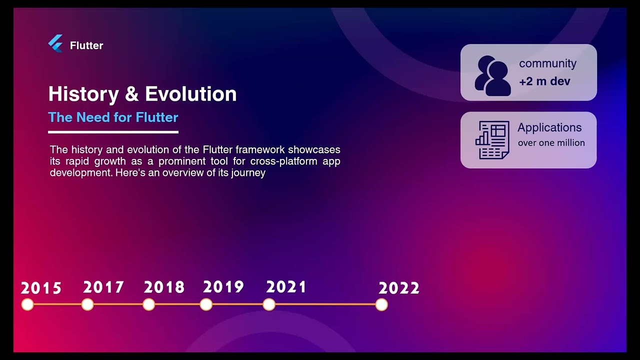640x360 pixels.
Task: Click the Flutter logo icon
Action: pyautogui.click(x=55, y=44)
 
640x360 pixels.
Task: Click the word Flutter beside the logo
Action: pyautogui.click(x=86, y=45)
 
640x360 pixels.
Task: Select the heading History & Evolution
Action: pyautogui.click(x=142, y=94)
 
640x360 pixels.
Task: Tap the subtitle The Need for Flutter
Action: pyautogui.click(x=113, y=117)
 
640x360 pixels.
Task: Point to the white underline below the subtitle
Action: pyautogui.click(x=113, y=132)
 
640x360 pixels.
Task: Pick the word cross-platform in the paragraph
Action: pyautogui.click(x=284, y=161)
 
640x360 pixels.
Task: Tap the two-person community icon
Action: pyautogui.click(x=492, y=75)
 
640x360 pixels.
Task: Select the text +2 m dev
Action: pyautogui.click(x=544, y=81)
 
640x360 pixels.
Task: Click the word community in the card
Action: pyautogui.click(x=547, y=63)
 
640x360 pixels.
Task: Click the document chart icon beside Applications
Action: pyautogui.click(x=492, y=140)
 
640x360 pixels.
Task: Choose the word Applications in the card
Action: pyautogui.click(x=549, y=127)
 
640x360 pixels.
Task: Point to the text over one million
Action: pyautogui.click(x=551, y=143)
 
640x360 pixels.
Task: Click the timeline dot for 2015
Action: pyautogui.click(x=27, y=304)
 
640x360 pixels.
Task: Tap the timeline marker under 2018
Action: pyautogui.click(x=148, y=304)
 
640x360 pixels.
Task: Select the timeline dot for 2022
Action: pyautogui.click(x=381, y=304)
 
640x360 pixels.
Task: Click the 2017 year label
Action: pyautogui.click(x=103, y=287)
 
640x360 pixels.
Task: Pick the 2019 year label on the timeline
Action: pyautogui.click(x=223, y=287)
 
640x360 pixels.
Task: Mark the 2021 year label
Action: pyautogui.click(x=286, y=287)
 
